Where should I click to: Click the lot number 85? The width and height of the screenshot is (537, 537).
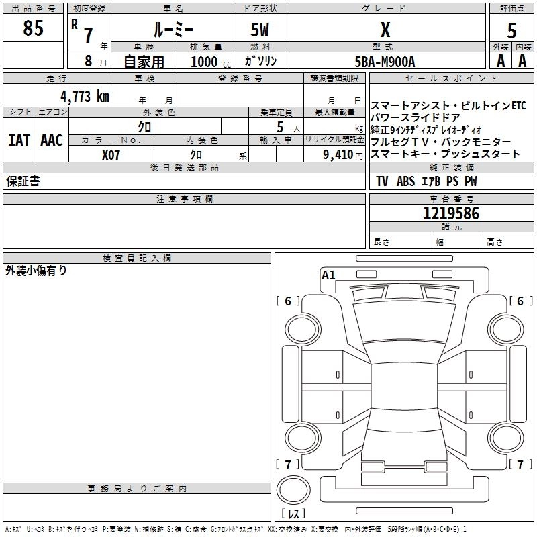coord(33,29)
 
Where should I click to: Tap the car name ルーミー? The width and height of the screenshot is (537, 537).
coord(173,30)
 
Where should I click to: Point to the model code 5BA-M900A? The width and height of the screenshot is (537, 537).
coord(385,62)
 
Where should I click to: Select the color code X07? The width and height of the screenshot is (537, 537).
coord(112,154)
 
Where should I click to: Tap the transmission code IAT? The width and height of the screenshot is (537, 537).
coord(19,140)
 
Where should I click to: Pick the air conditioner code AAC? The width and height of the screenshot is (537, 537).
coord(52,140)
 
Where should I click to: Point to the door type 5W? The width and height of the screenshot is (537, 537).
coord(260,30)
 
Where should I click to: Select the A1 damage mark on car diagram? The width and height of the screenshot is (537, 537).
coord(328,275)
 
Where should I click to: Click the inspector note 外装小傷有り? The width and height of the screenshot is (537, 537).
coord(36,271)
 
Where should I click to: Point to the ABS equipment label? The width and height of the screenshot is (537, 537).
coord(405,181)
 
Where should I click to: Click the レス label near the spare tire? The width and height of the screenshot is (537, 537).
coord(296,514)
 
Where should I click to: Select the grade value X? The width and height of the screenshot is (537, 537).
coord(385,30)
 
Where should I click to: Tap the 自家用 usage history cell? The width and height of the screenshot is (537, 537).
coord(143,62)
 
